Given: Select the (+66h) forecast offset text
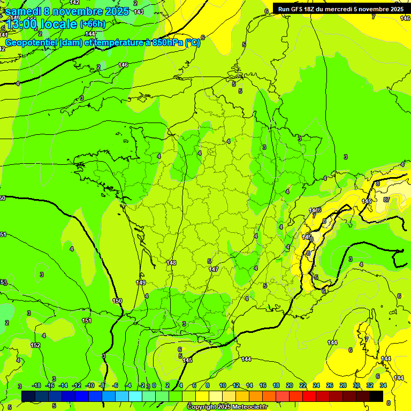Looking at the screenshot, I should (93, 24).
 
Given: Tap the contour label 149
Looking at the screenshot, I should (141, 283).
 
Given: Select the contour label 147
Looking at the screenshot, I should (214, 269).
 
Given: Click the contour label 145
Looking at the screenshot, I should (187, 360).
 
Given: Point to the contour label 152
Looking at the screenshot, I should (35, 345).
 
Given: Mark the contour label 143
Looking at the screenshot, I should (139, 12).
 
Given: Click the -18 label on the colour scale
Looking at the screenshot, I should (36, 385).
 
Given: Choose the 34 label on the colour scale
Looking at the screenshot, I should (383, 385).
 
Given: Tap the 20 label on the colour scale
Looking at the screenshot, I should (290, 385).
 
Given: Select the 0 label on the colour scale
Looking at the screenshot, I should (154, 385).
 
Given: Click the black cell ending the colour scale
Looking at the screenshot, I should (376, 396).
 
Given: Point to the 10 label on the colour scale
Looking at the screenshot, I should (222, 385).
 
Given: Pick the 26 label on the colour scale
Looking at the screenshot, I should (330, 385).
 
